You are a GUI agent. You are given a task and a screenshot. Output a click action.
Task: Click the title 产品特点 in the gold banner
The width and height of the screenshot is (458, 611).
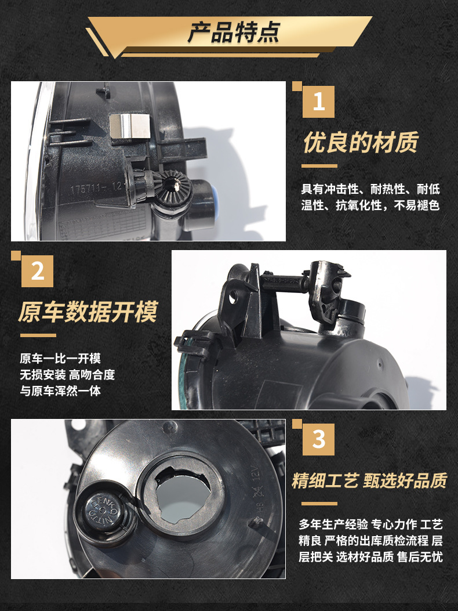pyautogui.click(x=233, y=32)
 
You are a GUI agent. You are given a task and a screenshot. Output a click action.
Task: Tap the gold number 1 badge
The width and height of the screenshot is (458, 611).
pyautogui.click(x=318, y=102)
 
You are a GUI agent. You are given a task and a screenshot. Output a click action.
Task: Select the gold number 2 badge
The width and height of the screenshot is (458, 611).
pyautogui.click(x=37, y=271)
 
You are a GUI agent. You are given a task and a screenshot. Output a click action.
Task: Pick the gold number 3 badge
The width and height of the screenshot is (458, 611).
pyautogui.click(x=318, y=440)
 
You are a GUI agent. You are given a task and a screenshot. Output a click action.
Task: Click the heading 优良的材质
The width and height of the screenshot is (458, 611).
pyautogui.click(x=361, y=142)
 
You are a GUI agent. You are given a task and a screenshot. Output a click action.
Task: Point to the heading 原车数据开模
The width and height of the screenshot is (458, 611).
pyautogui.click(x=88, y=312)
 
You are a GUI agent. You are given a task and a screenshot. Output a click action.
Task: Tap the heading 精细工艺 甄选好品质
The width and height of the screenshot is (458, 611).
pyautogui.click(x=369, y=480)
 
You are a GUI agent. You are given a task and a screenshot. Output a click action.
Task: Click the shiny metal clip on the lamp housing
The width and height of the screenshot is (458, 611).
pyautogui.click(x=130, y=126)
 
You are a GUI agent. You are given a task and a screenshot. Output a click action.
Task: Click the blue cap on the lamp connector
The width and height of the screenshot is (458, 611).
pyautogui.click(x=213, y=198)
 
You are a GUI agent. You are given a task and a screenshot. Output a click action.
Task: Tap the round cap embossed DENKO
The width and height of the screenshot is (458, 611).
pyautogui.click(x=103, y=509)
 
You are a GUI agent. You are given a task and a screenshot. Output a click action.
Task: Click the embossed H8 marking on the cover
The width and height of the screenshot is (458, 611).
pyautogui.click(x=260, y=507)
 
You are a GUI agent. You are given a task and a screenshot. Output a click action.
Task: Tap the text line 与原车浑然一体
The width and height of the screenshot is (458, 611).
pyautogui.click(x=60, y=391)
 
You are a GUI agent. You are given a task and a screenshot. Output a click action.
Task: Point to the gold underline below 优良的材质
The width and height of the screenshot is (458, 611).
pyautogui.click(x=319, y=166)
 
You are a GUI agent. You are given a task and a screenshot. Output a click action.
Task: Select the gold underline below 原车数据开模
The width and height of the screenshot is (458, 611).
pyautogui.click(x=38, y=335)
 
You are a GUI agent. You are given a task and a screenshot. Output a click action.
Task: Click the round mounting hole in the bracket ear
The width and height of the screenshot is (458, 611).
pyautogui.click(x=232, y=298)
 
